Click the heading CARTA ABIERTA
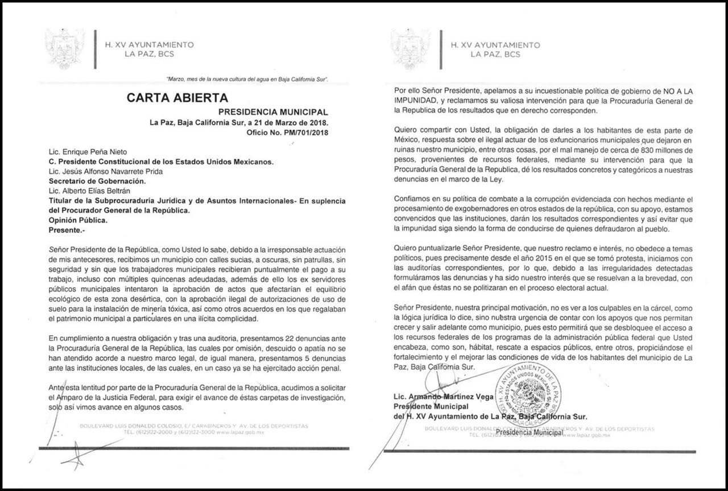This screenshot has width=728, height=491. pos(177,98)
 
